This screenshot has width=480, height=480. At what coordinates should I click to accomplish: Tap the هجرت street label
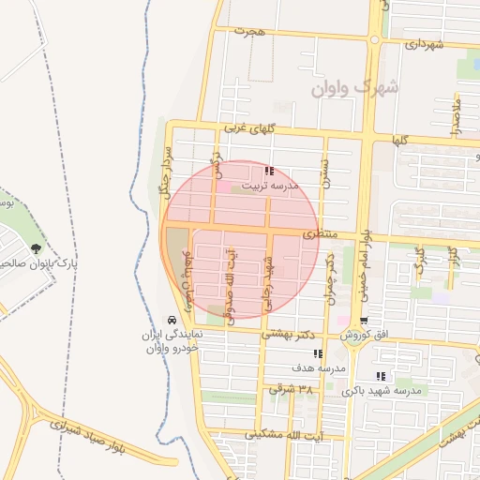(251, 31)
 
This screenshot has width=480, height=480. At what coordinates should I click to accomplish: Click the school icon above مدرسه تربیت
(269, 172)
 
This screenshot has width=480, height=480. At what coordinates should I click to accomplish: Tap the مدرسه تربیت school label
(270, 187)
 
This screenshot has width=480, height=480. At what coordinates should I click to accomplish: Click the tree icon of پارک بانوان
(36, 249)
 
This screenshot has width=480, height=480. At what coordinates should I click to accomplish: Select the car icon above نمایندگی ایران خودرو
(171, 319)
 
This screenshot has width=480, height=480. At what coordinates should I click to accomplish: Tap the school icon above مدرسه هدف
(319, 354)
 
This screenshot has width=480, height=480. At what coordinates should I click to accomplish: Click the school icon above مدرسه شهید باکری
(380, 375)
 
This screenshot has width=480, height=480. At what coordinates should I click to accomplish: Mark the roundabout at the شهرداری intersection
(374, 39)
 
